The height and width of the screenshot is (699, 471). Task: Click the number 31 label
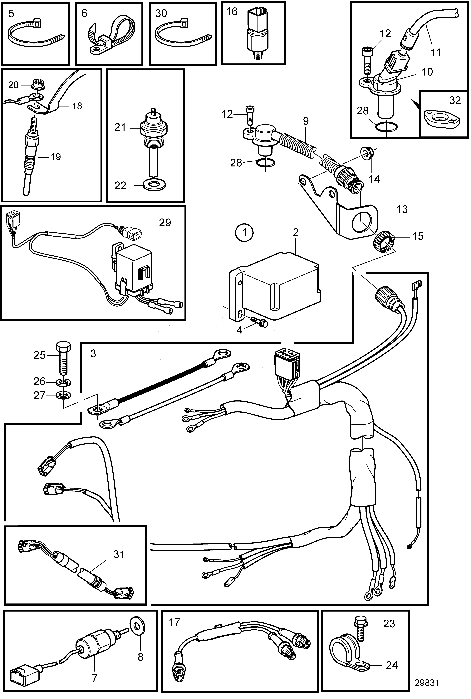coord(119,554)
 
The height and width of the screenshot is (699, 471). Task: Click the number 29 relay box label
coord(165,223)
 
